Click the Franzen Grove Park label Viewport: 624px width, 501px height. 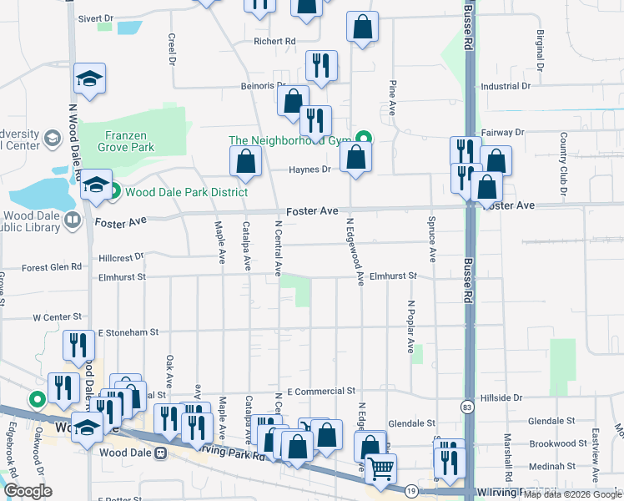(129, 140)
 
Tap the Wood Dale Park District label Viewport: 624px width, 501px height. (185, 192)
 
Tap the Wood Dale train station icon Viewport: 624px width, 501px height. (161, 453)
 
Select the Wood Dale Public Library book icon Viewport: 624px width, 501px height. (73, 220)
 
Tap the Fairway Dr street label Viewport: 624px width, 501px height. (502, 133)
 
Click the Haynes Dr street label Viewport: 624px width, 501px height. (309, 170)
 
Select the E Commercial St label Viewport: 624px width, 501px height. (321, 391)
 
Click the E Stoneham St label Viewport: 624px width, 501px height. (128, 332)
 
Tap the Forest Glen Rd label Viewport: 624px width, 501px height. (52, 267)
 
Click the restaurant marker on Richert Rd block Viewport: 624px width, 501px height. (320, 65)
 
